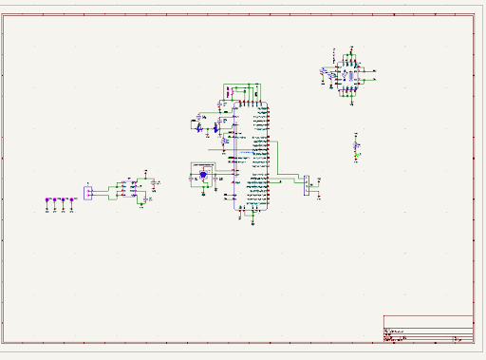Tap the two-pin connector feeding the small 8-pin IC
(88, 193)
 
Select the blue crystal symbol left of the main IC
(202, 175)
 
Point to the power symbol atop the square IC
(347, 49)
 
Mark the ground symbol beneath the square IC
(347, 97)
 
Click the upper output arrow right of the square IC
(374, 69)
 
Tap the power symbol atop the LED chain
(356, 134)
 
